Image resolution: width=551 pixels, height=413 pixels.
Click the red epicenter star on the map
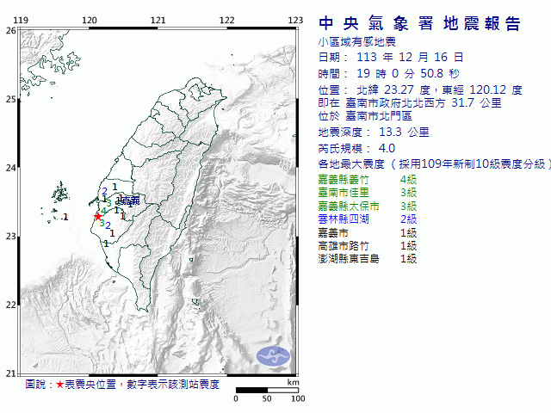97,216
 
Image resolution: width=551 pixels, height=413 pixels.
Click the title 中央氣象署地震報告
420,23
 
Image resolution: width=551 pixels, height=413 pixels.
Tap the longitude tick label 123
295,20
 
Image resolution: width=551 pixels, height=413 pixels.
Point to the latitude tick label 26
10,30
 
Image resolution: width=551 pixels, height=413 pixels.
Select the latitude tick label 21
10,373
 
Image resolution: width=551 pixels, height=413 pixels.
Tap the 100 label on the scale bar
298,399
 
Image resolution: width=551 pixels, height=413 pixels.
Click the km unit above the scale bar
293,382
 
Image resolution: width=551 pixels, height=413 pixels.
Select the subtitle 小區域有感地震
354,41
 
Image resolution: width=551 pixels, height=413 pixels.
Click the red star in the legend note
59,385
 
